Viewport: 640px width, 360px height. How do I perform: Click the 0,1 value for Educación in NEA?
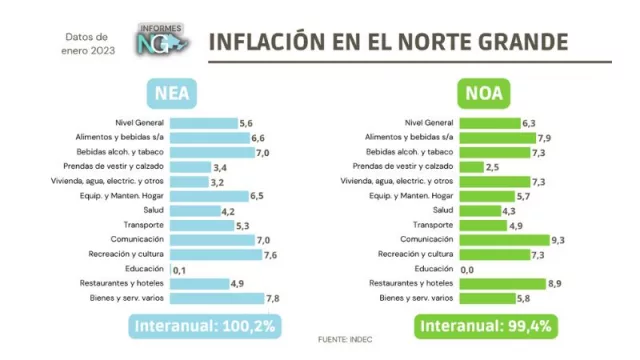point(180,270)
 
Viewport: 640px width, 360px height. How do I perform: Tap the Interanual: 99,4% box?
point(485,327)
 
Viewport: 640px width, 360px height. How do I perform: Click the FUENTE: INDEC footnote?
point(346,339)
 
